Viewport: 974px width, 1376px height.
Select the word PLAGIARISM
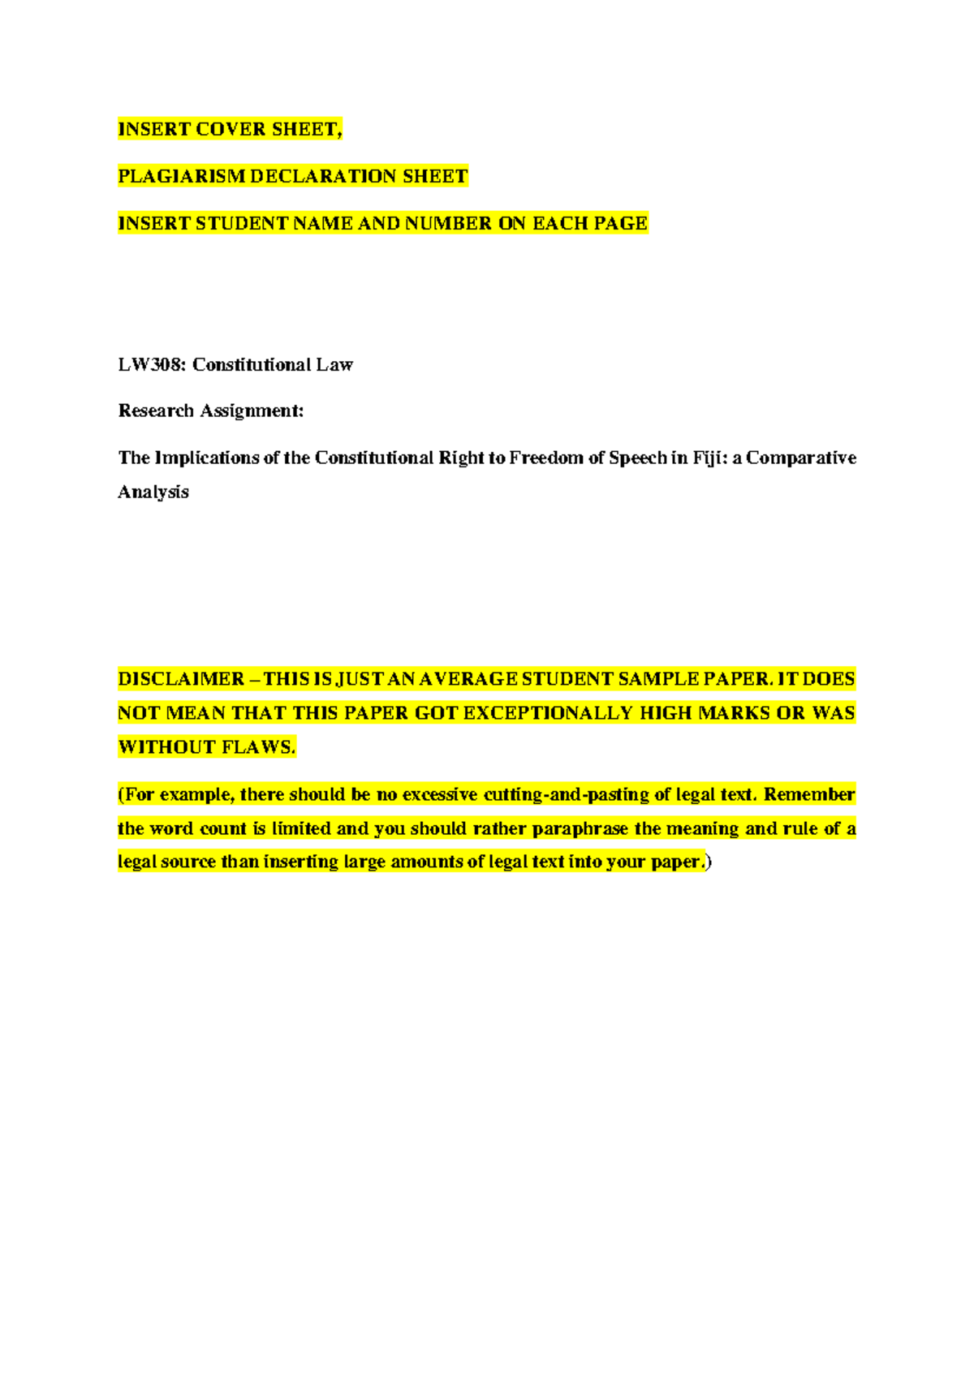pos(181,176)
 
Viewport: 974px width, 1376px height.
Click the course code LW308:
pos(152,364)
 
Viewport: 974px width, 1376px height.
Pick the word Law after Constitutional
pos(334,364)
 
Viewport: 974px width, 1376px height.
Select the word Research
pos(156,411)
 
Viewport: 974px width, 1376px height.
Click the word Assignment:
pos(252,411)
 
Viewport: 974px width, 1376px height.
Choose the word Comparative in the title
pos(801,458)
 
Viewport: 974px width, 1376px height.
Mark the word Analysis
pos(153,492)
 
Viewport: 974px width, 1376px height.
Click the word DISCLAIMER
pos(181,679)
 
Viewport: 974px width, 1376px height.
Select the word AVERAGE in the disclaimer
pos(468,679)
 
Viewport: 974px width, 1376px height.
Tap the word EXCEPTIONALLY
pos(547,713)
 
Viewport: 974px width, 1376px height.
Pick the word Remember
pos(809,794)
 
